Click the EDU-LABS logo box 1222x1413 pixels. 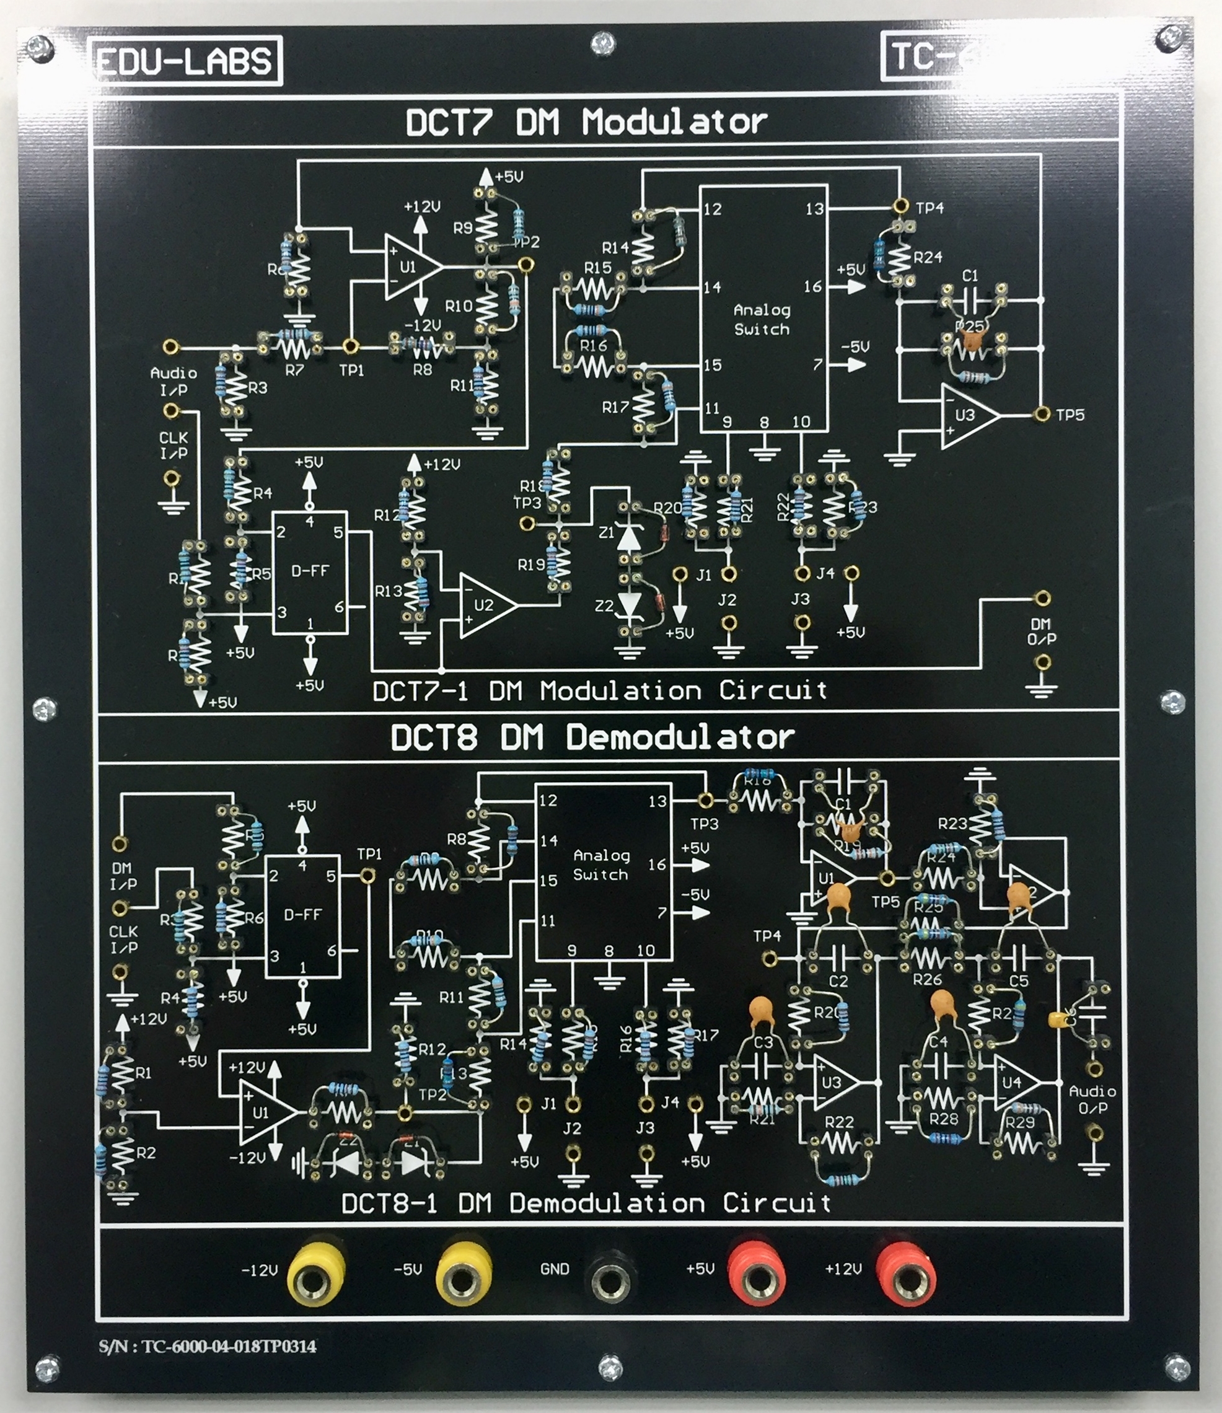coord(185,61)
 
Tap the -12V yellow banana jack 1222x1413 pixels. coord(314,1273)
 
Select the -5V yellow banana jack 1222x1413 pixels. coord(462,1273)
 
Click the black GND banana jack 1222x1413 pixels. coord(611,1273)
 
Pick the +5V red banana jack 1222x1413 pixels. coord(757,1273)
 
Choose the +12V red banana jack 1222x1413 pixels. coord(905,1273)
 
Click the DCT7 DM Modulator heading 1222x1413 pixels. coord(586,123)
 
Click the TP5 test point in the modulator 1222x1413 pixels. coord(1040,414)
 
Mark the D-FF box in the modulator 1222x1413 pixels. coord(310,572)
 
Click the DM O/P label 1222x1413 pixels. coord(1041,632)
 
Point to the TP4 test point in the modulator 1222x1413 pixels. coord(900,206)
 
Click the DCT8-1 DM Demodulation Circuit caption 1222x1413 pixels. coord(586,1203)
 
